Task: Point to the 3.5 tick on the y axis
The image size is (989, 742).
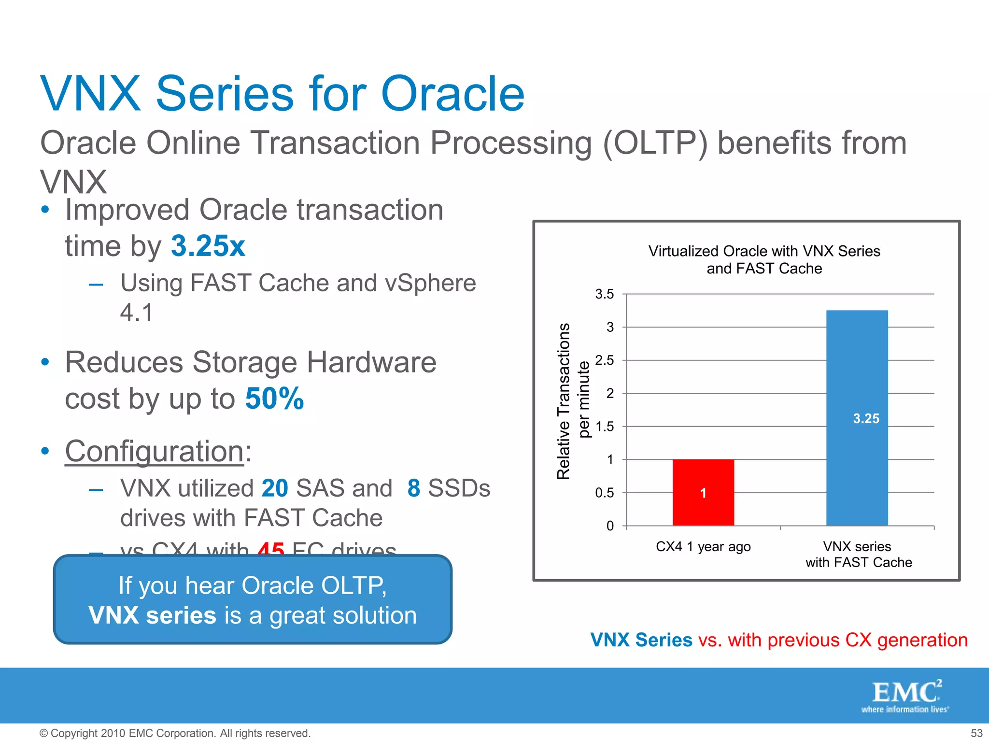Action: pos(604,294)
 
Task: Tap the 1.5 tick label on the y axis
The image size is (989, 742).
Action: pos(604,427)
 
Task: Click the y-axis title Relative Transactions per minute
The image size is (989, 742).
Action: pos(573,401)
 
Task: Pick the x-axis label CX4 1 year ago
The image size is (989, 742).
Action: pos(703,546)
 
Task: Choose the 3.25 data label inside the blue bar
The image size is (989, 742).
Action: pos(866,418)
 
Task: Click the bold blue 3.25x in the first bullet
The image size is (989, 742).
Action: pos(208,246)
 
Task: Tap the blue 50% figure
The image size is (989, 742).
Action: pos(274,399)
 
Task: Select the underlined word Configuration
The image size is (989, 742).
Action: pos(155,451)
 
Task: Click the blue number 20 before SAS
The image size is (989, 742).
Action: pos(275,488)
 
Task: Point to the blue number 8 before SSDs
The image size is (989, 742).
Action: pos(414,488)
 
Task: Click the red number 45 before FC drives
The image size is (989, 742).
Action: pos(271,549)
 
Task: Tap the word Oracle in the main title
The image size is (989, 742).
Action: pos(452,94)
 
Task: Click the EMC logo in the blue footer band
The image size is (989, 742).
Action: pos(906,695)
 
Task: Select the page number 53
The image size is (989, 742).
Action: pos(976,733)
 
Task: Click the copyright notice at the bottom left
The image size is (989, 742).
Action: pos(175,733)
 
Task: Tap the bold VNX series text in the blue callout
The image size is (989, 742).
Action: pos(152,615)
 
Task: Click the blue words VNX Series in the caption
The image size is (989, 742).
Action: pos(641,640)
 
